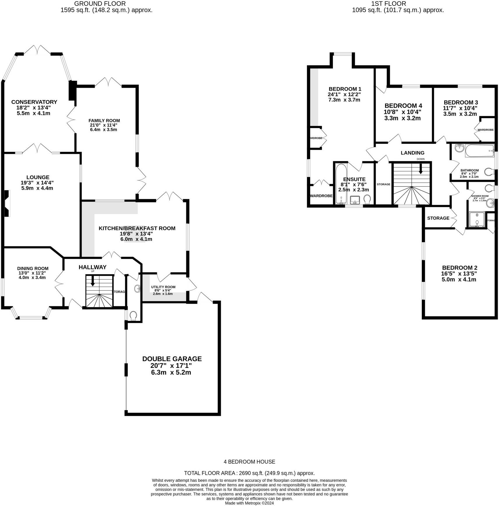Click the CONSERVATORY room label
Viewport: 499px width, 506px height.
pyautogui.click(x=34, y=102)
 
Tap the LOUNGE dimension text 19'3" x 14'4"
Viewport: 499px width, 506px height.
pyautogui.click(x=37, y=183)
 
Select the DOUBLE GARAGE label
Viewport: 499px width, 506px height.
pyautogui.click(x=172, y=359)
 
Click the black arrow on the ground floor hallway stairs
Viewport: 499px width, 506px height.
pyautogui.click(x=93, y=281)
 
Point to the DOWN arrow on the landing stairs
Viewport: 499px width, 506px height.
pyautogui.click(x=421, y=169)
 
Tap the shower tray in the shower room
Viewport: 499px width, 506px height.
pyautogui.click(x=477, y=219)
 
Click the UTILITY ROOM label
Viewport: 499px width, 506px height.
pyautogui.click(x=163, y=287)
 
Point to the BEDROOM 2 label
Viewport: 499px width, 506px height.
pyautogui.click(x=459, y=268)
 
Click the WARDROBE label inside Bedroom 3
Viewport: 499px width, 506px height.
pyautogui.click(x=485, y=130)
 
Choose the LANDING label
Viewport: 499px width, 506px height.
pyautogui.click(x=412, y=153)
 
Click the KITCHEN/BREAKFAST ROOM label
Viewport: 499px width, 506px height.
pyautogui.click(x=137, y=228)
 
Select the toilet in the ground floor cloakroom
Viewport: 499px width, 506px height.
pyautogui.click(x=133, y=316)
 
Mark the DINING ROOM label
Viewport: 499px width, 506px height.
pyautogui.click(x=33, y=268)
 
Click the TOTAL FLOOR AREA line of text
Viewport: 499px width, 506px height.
pyautogui.click(x=249, y=473)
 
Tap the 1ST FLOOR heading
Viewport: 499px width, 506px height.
pyautogui.click(x=389, y=4)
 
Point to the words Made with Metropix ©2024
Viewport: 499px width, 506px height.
pyautogui.click(x=249, y=503)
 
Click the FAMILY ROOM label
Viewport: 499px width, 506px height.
pyautogui.click(x=104, y=120)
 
